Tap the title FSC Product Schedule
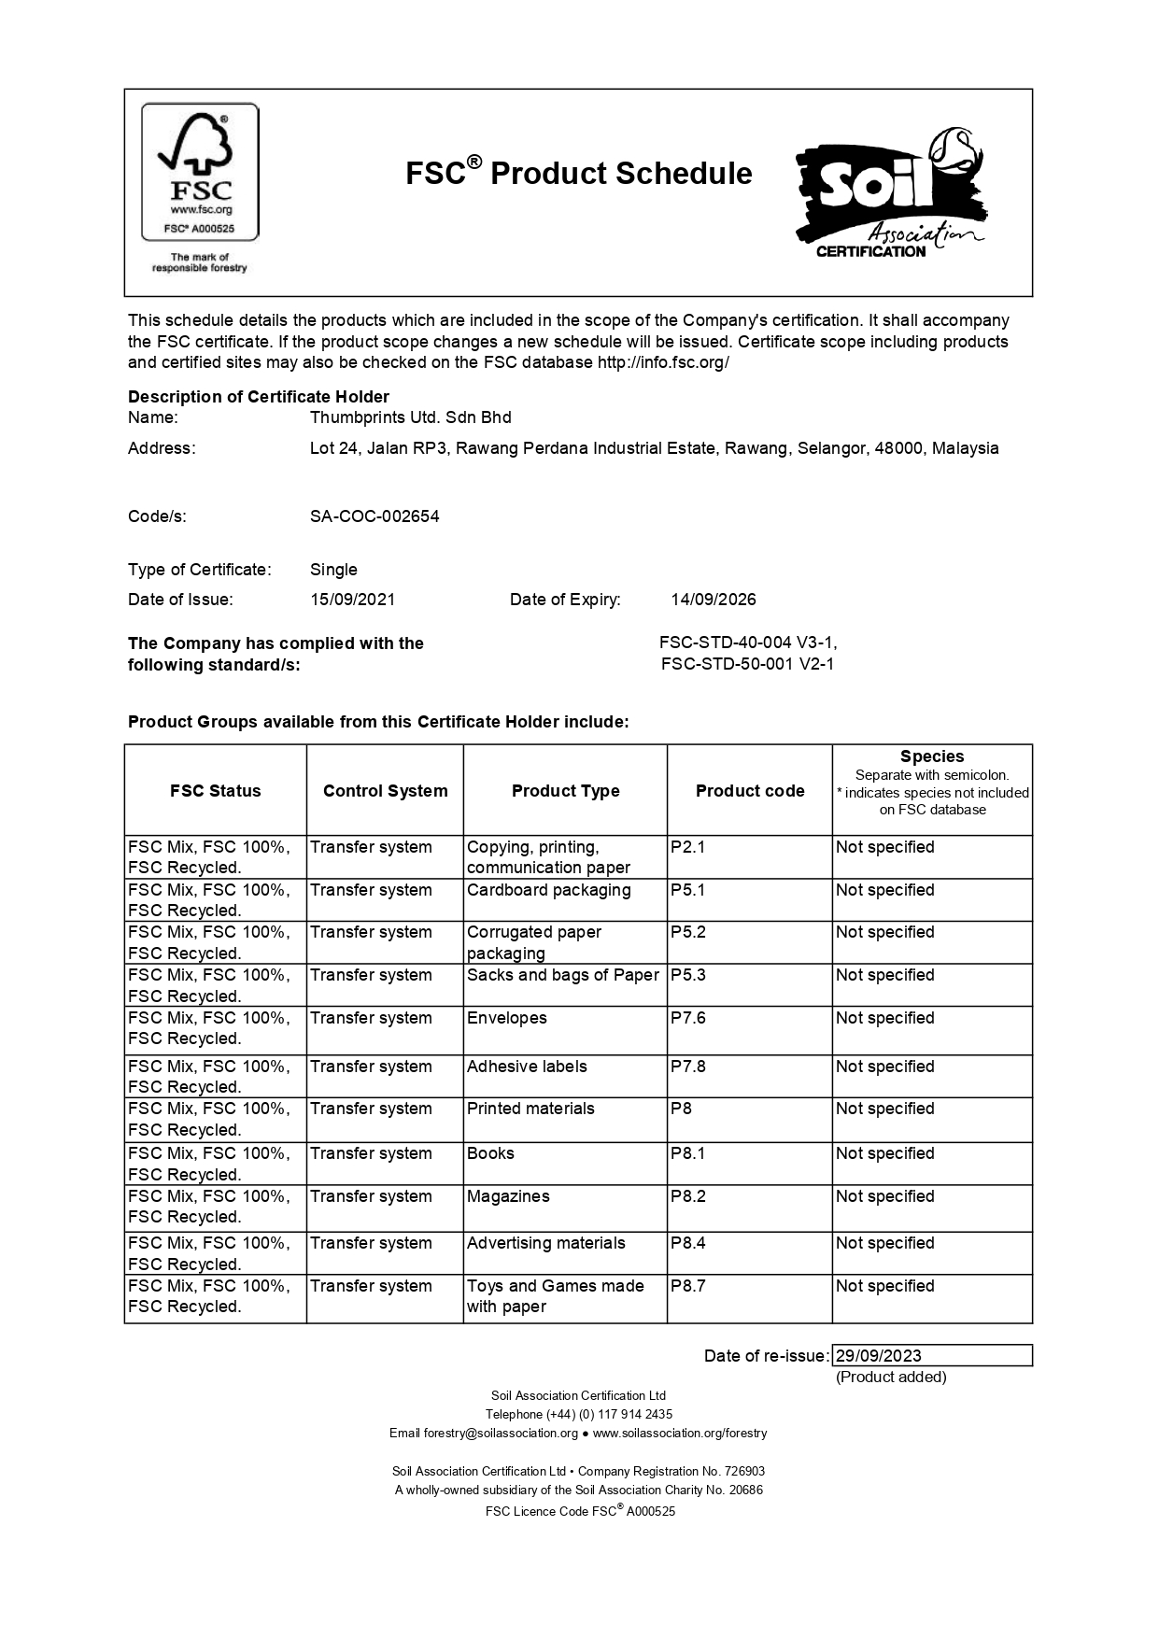click(578, 174)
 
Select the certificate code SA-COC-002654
click(375, 516)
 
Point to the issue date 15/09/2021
click(352, 600)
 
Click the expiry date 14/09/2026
click(714, 600)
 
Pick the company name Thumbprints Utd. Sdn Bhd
click(410, 417)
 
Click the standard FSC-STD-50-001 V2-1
click(747, 664)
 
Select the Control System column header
click(385, 791)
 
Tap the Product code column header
click(749, 791)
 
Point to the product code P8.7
click(688, 1286)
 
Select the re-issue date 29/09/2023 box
click(931, 1356)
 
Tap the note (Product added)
click(890, 1377)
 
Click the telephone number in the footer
click(578, 1414)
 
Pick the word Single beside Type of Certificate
click(333, 570)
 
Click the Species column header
click(931, 756)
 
